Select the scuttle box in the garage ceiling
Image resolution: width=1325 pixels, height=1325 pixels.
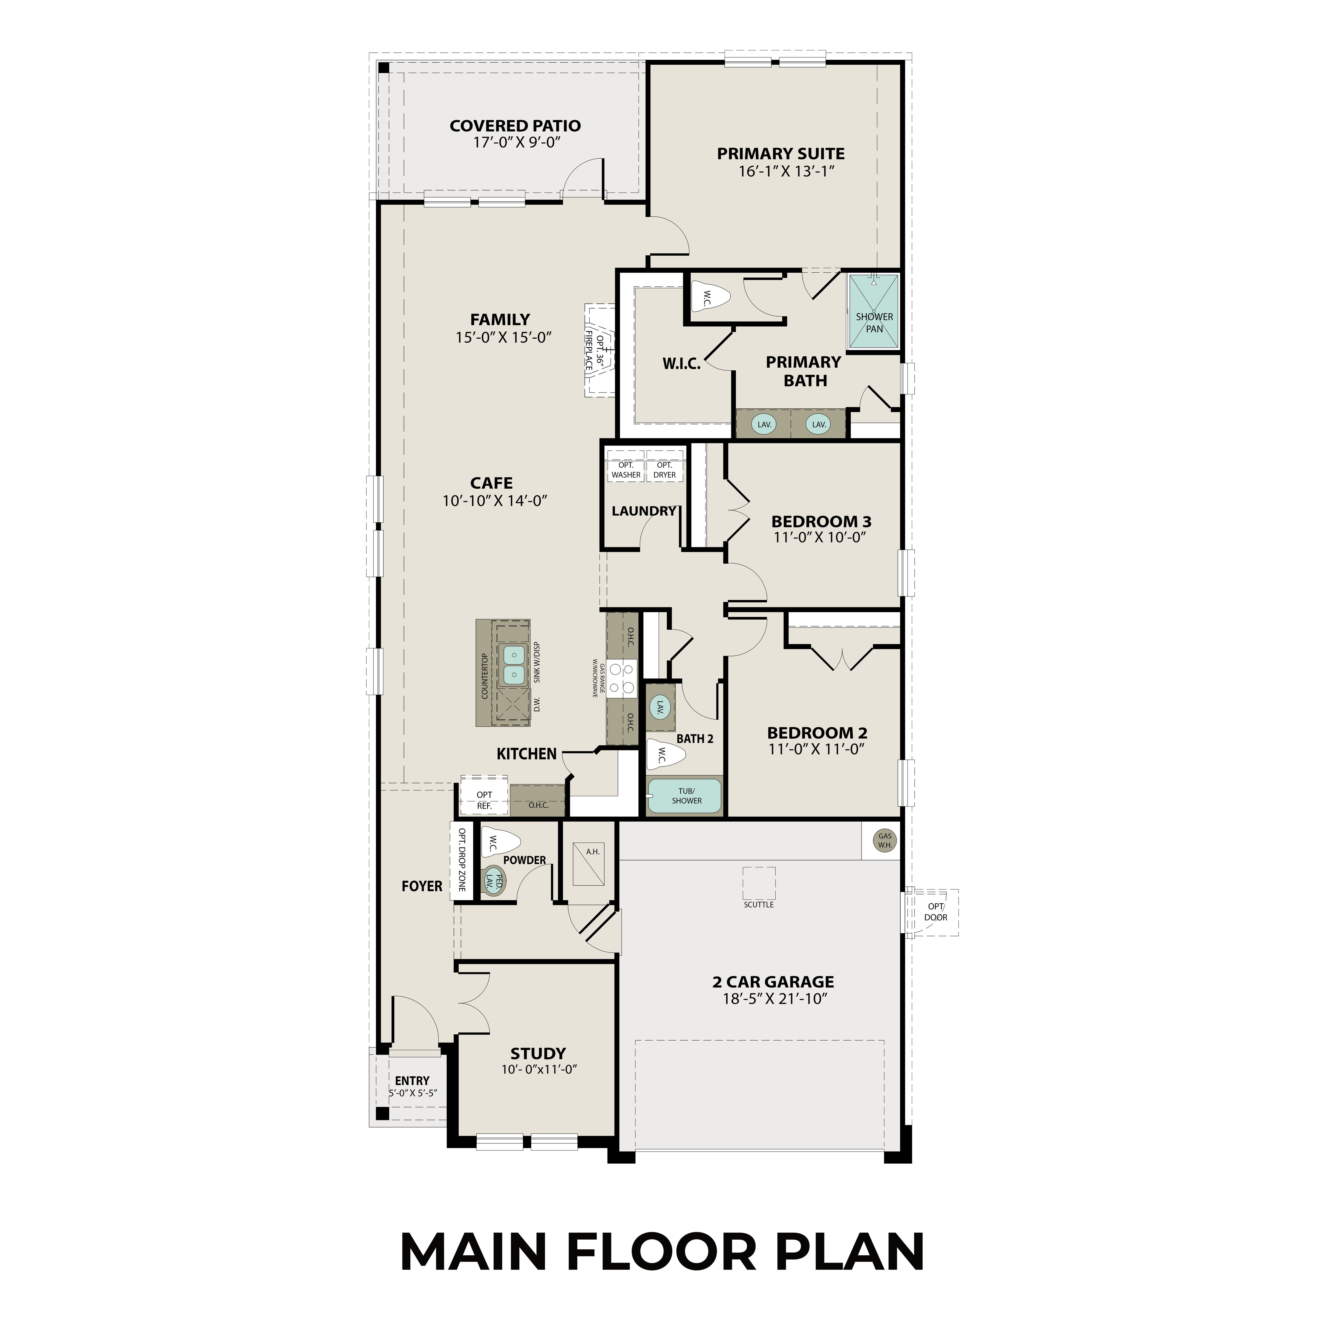(758, 883)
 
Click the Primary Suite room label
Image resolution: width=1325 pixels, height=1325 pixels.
(781, 154)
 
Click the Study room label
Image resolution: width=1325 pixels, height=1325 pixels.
(538, 1053)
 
